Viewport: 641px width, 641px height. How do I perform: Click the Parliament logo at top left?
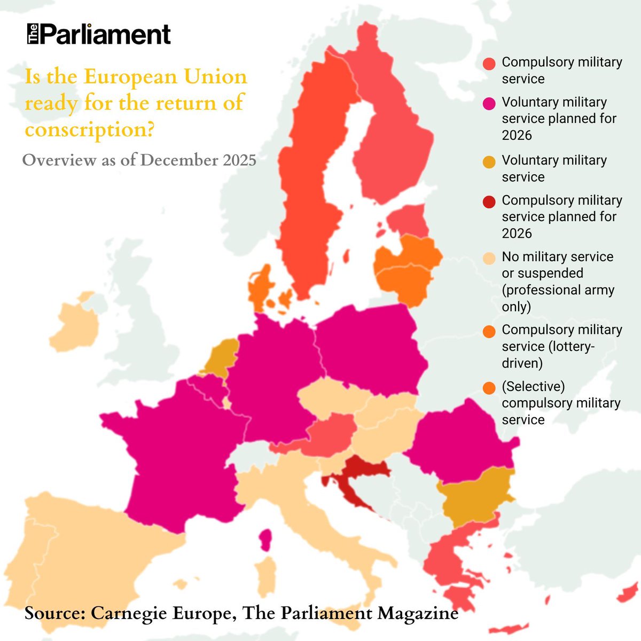coord(99,35)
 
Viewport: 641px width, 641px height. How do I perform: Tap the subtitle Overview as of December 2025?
coord(139,160)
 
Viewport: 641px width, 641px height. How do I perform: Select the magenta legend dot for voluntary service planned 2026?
coord(489,104)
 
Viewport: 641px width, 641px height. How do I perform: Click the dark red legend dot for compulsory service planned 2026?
coord(489,202)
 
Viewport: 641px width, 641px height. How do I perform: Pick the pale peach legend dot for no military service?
coord(489,259)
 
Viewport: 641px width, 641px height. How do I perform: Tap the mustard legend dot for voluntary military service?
coord(489,162)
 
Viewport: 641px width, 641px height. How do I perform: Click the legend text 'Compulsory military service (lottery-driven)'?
coord(561,346)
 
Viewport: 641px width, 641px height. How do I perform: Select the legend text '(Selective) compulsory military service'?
coord(561,403)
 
